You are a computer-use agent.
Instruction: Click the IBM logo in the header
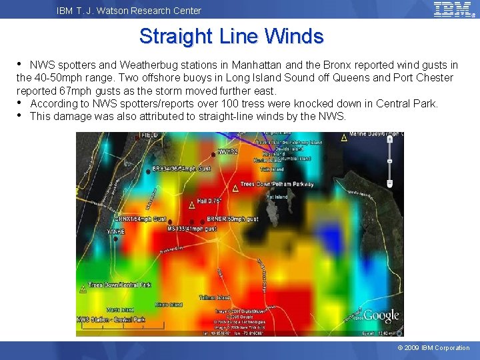tap(453, 9)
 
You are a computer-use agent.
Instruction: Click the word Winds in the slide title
tap(294, 36)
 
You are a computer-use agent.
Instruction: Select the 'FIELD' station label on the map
tap(149, 135)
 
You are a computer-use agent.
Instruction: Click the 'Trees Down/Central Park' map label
tap(120, 285)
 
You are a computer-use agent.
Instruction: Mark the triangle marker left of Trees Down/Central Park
tap(83, 289)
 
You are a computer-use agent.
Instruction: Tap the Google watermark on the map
tap(381, 315)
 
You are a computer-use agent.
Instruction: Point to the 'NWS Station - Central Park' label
tap(111, 320)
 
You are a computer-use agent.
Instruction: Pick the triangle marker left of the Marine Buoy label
tap(344, 138)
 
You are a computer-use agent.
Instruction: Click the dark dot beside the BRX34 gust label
tap(148, 169)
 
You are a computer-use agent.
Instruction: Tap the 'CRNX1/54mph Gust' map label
tap(141, 219)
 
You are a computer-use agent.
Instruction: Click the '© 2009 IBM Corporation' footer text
tap(433, 348)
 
